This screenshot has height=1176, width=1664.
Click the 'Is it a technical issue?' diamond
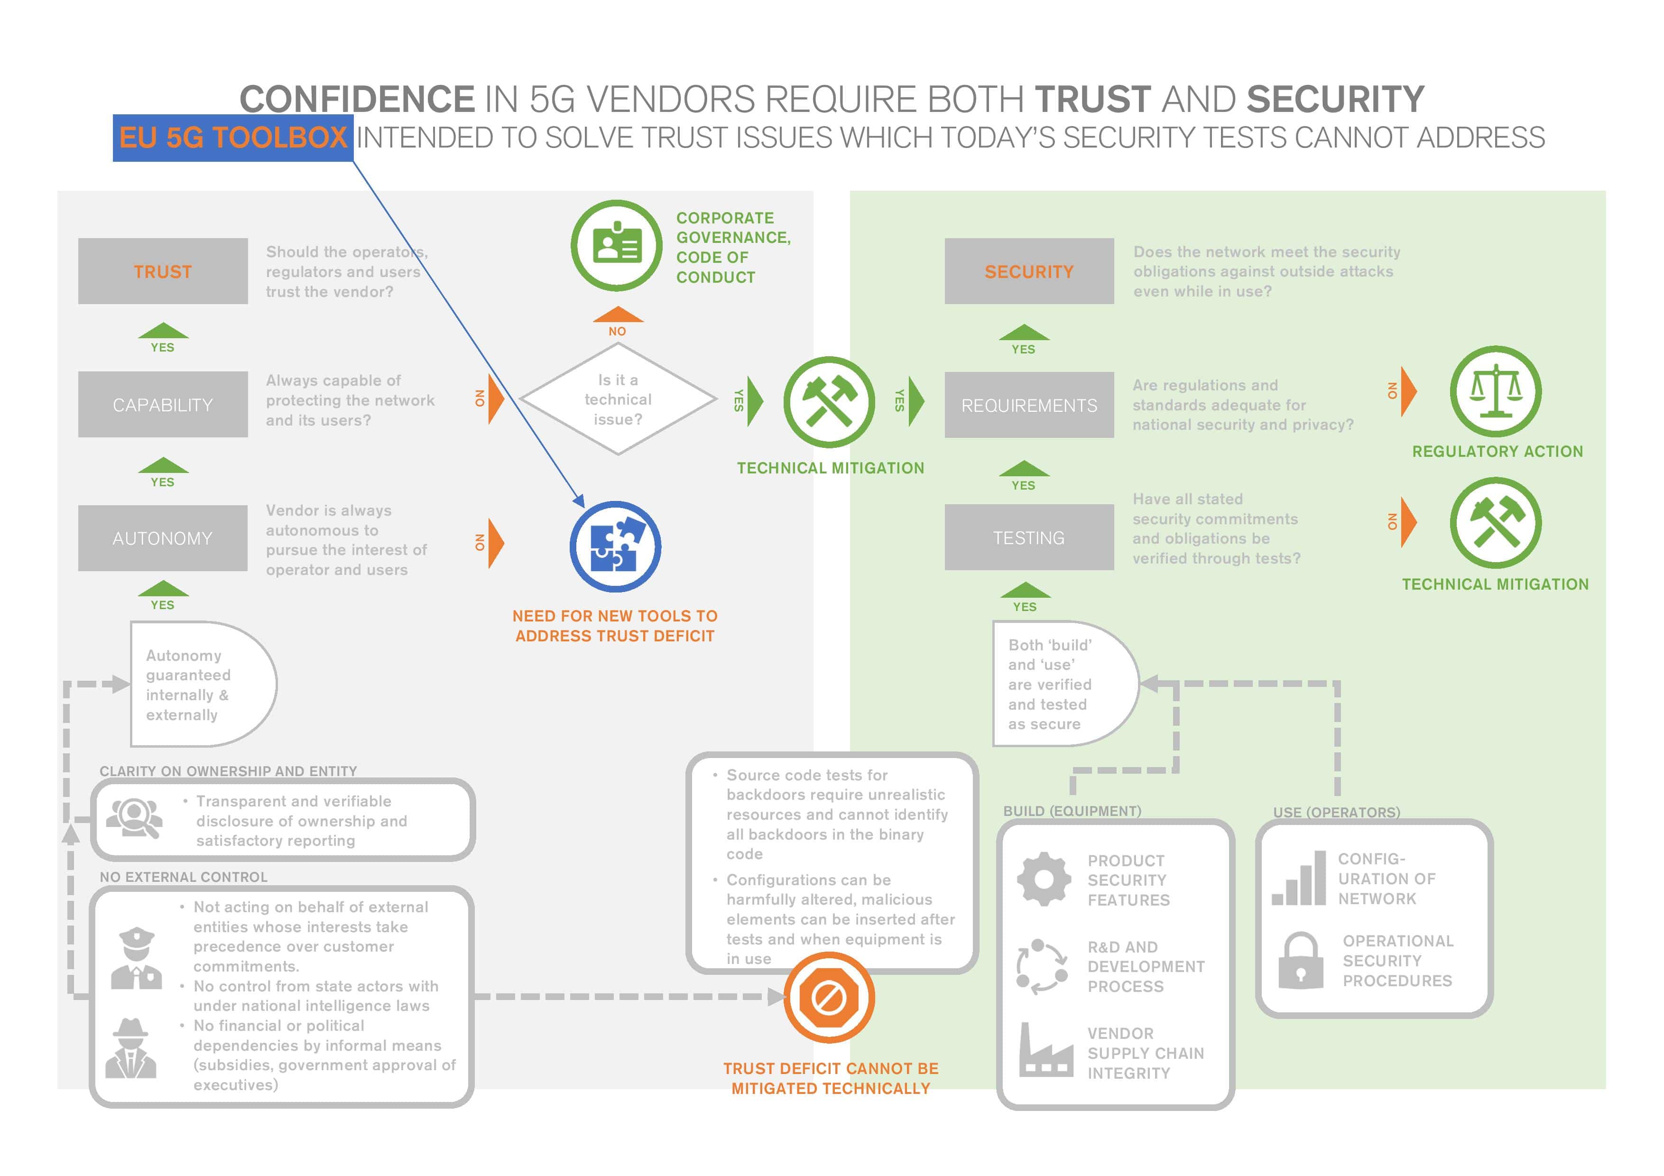coord(618,399)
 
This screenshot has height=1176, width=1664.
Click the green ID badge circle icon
coord(616,246)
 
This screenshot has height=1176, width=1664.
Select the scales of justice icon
coord(1495,391)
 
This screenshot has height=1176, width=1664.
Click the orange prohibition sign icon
coord(829,998)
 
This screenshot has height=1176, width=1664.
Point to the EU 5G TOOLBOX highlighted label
coord(232,138)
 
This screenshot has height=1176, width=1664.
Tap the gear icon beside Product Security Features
coord(1044,879)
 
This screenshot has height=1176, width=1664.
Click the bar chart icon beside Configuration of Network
coord(1299,879)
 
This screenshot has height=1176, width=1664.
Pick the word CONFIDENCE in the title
coord(357,99)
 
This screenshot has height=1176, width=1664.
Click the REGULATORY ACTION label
coord(1498,452)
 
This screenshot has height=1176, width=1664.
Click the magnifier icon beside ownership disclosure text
coord(135,817)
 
